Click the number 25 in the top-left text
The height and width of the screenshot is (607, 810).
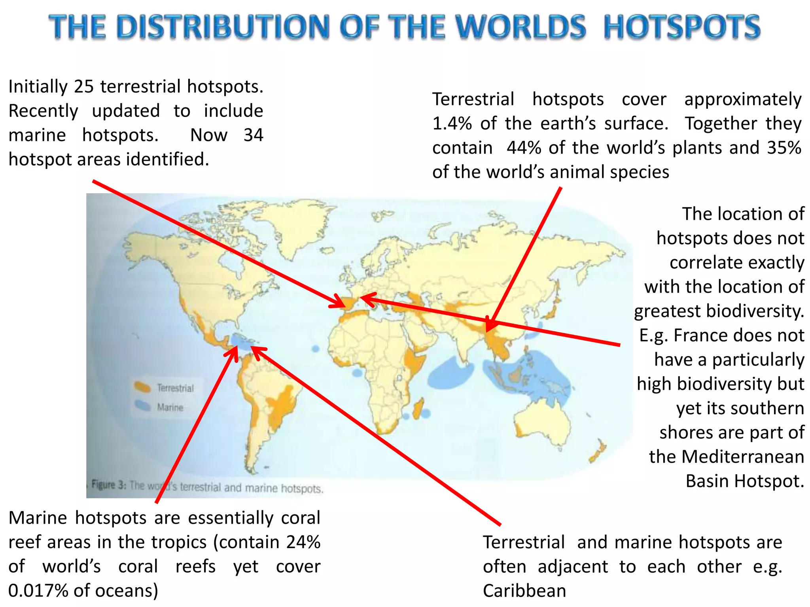point(83,87)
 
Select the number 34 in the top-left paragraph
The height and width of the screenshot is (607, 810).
point(253,135)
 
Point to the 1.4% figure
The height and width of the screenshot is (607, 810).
point(452,124)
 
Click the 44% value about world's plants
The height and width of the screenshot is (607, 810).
point(524,148)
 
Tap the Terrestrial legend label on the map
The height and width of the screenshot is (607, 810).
point(175,388)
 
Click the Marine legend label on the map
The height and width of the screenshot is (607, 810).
point(170,407)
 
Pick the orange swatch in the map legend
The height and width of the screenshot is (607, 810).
point(142,387)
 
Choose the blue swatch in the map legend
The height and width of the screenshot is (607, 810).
point(142,406)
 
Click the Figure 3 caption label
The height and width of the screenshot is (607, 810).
point(109,484)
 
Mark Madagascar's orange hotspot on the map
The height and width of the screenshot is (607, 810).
point(418,409)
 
